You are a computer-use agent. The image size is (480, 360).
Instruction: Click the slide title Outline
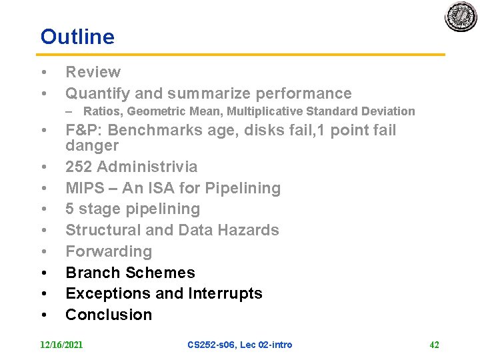(x=77, y=37)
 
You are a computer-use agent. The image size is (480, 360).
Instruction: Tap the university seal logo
(x=461, y=16)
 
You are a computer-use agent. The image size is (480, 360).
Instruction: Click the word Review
(x=93, y=72)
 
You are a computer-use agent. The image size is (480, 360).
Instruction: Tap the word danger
(x=92, y=145)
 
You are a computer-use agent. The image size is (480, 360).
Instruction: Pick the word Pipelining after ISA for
(x=243, y=188)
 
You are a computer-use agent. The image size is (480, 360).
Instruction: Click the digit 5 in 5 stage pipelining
(x=70, y=209)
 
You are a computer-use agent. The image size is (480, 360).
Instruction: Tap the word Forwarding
(x=109, y=251)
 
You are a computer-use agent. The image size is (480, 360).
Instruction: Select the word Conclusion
(x=109, y=315)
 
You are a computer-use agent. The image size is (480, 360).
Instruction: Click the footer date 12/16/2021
(x=61, y=345)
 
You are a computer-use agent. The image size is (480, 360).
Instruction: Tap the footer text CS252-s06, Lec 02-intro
(x=239, y=345)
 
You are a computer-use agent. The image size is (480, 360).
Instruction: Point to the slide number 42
(x=434, y=345)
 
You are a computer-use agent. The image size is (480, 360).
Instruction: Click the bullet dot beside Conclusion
(x=43, y=315)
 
